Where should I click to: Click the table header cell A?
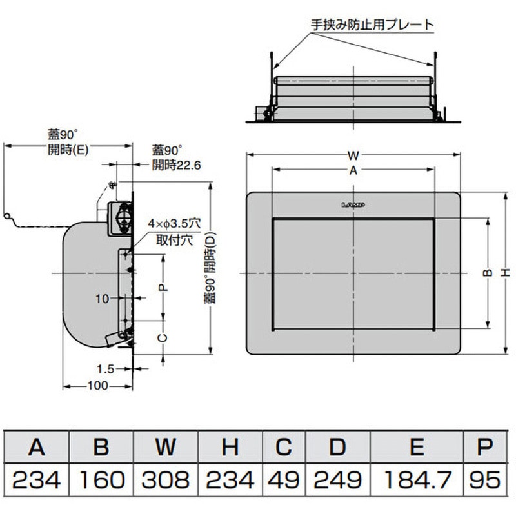click(37, 446)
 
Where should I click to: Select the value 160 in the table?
click(101, 479)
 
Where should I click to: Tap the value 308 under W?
click(166, 479)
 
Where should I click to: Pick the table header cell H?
click(230, 446)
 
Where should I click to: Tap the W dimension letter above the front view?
click(353, 155)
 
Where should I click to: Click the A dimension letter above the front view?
click(353, 170)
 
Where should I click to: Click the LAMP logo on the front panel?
click(353, 205)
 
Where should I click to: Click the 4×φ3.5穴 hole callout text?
click(174, 223)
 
